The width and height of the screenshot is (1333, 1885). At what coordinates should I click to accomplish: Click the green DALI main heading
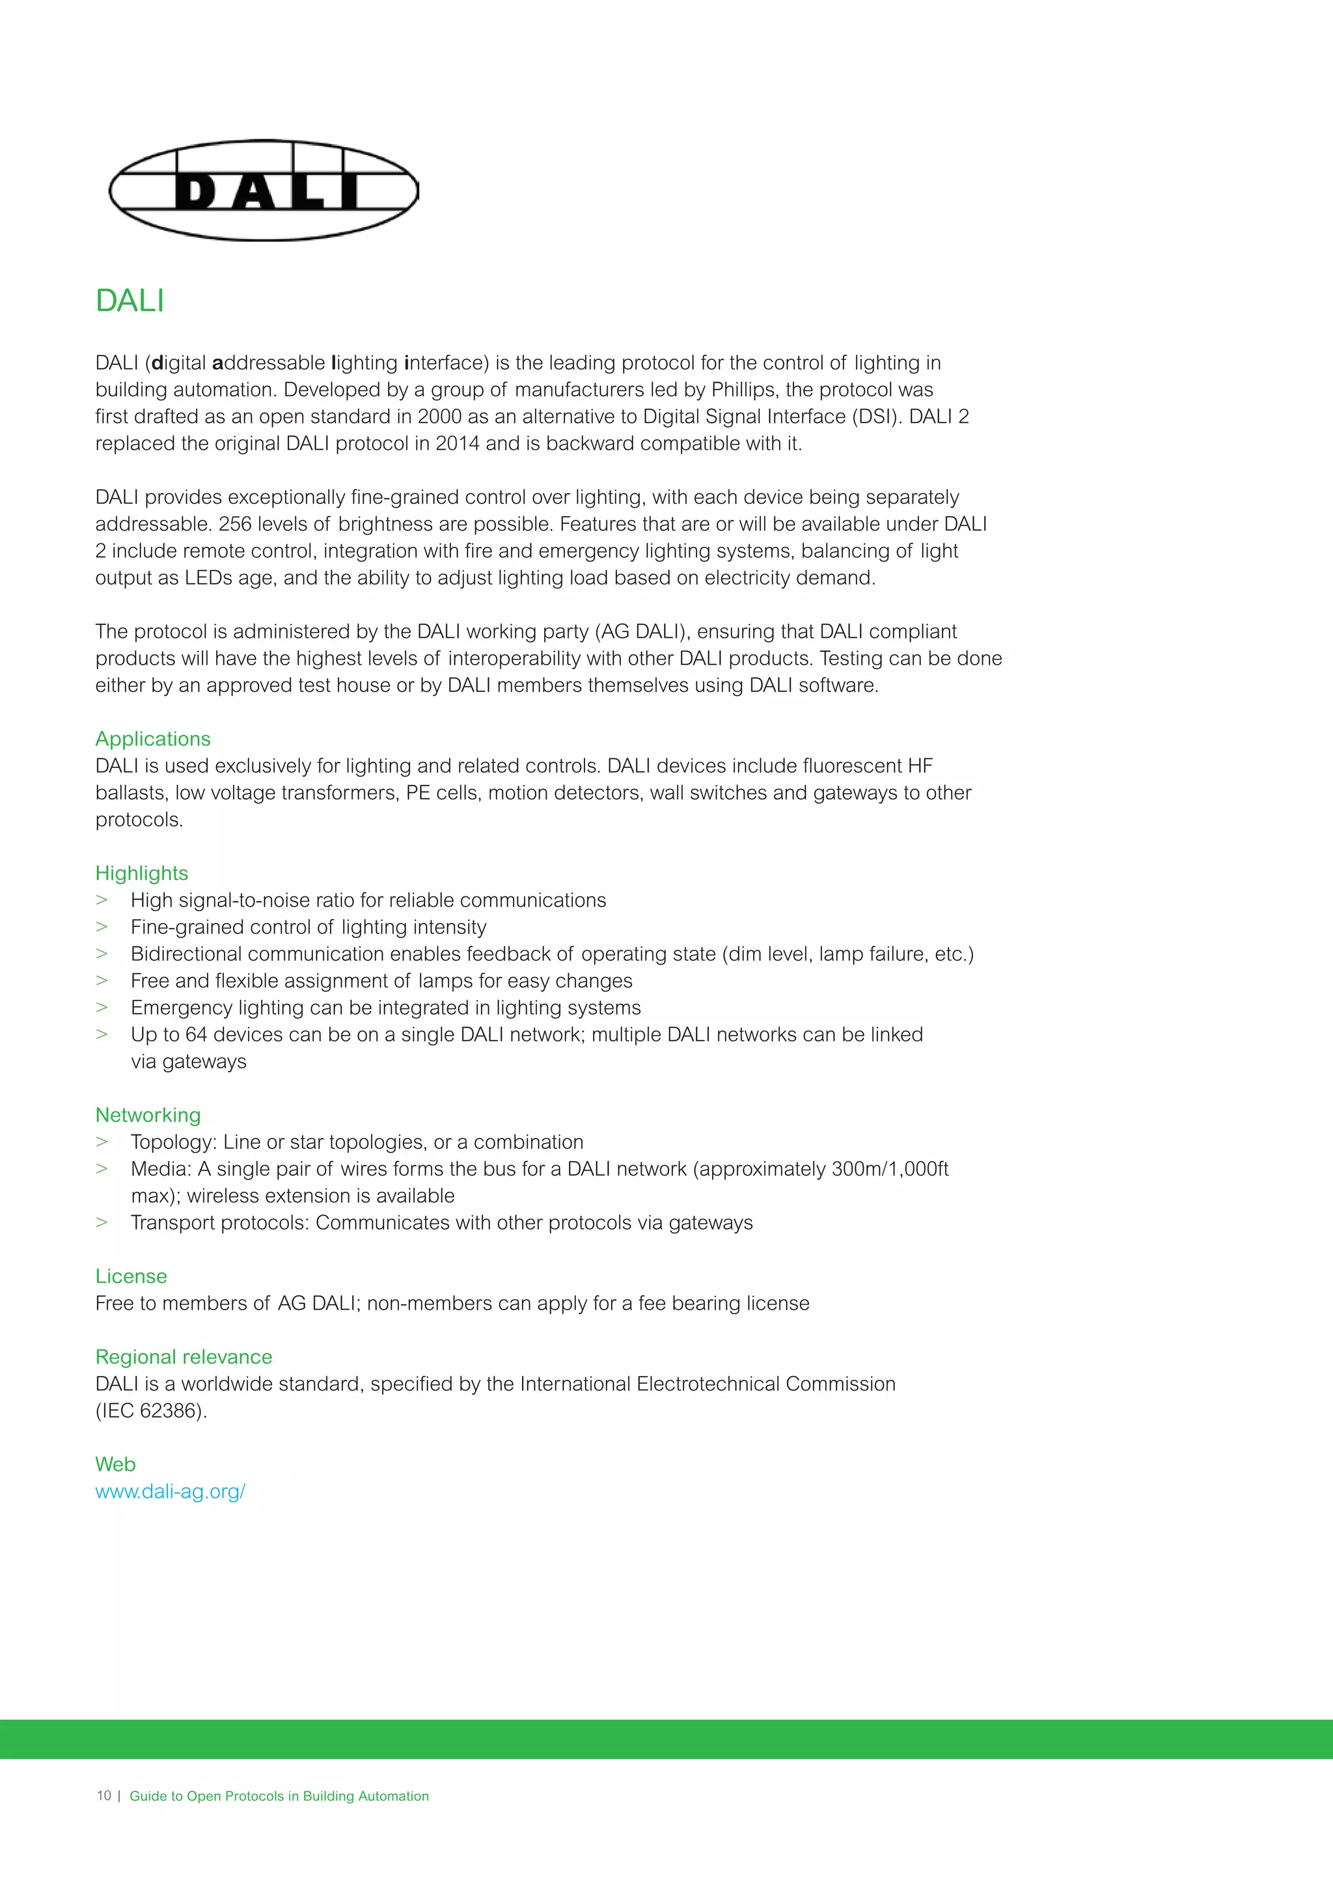(x=130, y=301)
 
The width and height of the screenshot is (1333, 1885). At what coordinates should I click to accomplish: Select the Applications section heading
(x=153, y=739)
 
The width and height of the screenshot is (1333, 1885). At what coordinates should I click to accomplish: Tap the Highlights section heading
(x=141, y=874)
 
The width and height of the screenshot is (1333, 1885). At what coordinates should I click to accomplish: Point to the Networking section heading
(x=148, y=1115)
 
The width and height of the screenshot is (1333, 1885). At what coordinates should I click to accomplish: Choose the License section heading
(x=131, y=1276)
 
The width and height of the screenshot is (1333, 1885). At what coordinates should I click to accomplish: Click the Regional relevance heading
(x=183, y=1357)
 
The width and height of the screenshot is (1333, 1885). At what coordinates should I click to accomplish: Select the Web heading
(x=115, y=1465)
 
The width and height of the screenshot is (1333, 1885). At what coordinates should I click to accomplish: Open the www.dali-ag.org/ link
(x=170, y=1492)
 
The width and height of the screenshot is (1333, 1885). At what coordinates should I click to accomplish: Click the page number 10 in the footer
(x=103, y=1796)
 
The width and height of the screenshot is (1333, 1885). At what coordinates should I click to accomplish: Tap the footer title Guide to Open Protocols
(x=279, y=1796)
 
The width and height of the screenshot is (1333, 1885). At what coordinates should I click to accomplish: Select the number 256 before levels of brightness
(x=235, y=525)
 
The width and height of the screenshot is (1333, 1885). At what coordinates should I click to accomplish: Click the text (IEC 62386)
(x=151, y=1411)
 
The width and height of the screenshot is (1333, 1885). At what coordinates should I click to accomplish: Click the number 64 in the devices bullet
(x=196, y=1036)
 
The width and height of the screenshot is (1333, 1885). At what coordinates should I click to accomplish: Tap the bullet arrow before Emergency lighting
(x=102, y=1008)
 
